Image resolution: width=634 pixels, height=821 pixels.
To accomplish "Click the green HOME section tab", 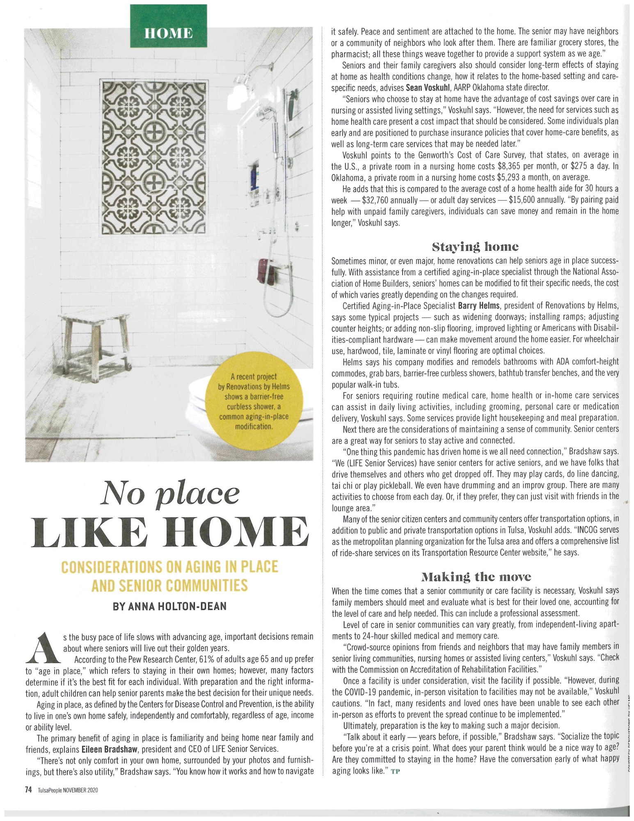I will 168,33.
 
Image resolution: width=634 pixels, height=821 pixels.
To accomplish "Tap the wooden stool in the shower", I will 95,341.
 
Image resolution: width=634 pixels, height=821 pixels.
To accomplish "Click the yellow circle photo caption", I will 254,401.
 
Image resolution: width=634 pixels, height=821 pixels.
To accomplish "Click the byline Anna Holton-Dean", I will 169,607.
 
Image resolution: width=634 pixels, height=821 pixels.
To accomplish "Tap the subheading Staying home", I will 475,247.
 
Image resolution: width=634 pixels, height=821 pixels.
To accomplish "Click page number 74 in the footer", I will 28,790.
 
